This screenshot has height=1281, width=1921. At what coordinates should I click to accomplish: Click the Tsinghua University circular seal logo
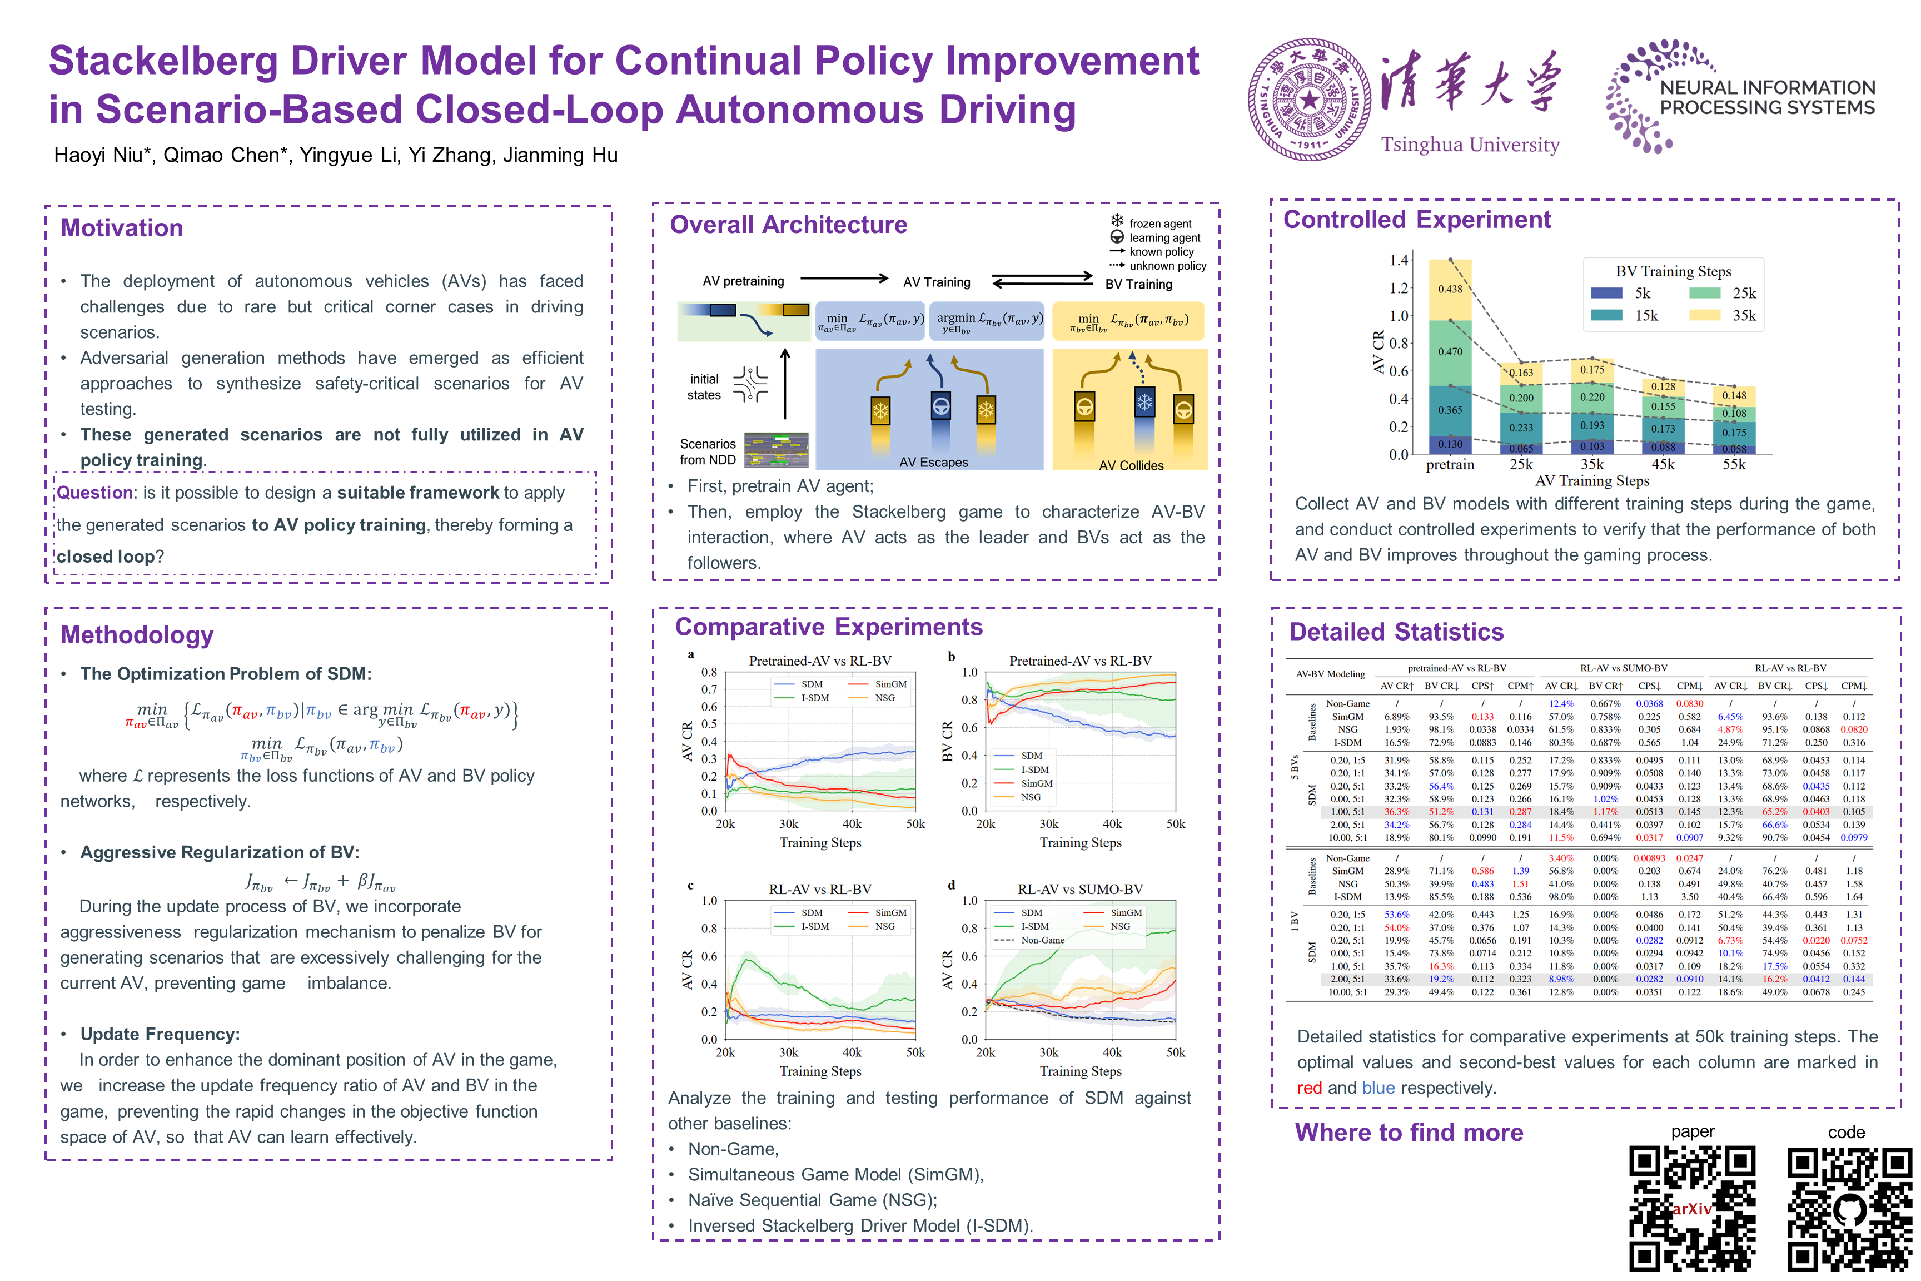(x=1309, y=100)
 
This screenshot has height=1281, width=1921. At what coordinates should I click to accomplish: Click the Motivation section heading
(x=122, y=228)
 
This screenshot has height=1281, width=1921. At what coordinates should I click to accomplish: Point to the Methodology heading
(x=136, y=635)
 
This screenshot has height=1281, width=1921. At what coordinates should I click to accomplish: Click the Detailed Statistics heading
(x=1396, y=632)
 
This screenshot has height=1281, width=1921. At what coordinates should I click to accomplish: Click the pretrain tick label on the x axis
(x=1450, y=464)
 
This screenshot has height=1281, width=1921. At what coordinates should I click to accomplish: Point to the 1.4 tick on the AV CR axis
(x=1399, y=260)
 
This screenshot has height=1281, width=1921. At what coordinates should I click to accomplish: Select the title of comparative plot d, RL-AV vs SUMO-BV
(x=1080, y=889)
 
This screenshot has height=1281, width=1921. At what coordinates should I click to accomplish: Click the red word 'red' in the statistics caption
(x=1308, y=1088)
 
